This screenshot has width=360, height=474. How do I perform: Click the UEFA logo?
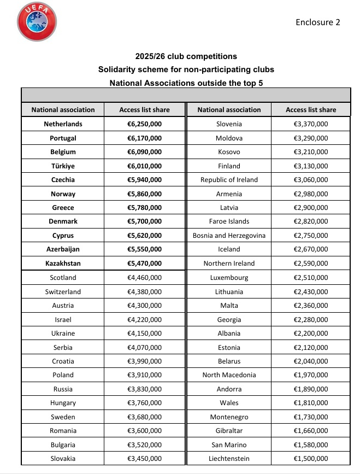pyautogui.click(x=37, y=21)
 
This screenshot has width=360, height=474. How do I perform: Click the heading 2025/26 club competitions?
pyautogui.click(x=186, y=56)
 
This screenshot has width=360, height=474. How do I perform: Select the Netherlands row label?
pyautogui.click(x=63, y=124)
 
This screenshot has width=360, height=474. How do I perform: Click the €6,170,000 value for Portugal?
pyautogui.click(x=144, y=138)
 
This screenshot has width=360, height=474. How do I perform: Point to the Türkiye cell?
pyautogui.click(x=63, y=166)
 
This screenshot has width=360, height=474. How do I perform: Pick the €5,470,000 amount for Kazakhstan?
pyautogui.click(x=144, y=263)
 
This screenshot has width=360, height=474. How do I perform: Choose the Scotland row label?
pyautogui.click(x=63, y=277)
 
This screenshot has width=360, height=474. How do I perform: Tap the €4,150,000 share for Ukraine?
pyautogui.click(x=144, y=333)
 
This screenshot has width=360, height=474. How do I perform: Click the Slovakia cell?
pyautogui.click(x=63, y=458)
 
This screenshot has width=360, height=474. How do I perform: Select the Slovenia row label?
pyautogui.click(x=229, y=124)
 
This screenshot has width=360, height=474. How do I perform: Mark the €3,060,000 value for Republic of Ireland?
pyautogui.click(x=311, y=180)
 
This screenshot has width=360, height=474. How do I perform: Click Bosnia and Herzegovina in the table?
pyautogui.click(x=229, y=235)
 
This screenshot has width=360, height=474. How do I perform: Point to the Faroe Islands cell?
pyautogui.click(x=229, y=221)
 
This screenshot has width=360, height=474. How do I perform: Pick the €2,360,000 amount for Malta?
pyautogui.click(x=311, y=305)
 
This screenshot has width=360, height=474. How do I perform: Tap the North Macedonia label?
pyautogui.click(x=229, y=375)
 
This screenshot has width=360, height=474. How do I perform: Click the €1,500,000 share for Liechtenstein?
pyautogui.click(x=311, y=458)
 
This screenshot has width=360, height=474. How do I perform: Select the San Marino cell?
pyautogui.click(x=229, y=444)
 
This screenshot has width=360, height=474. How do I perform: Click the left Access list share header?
pyautogui.click(x=144, y=109)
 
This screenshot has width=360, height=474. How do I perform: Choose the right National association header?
pyautogui.click(x=229, y=109)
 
